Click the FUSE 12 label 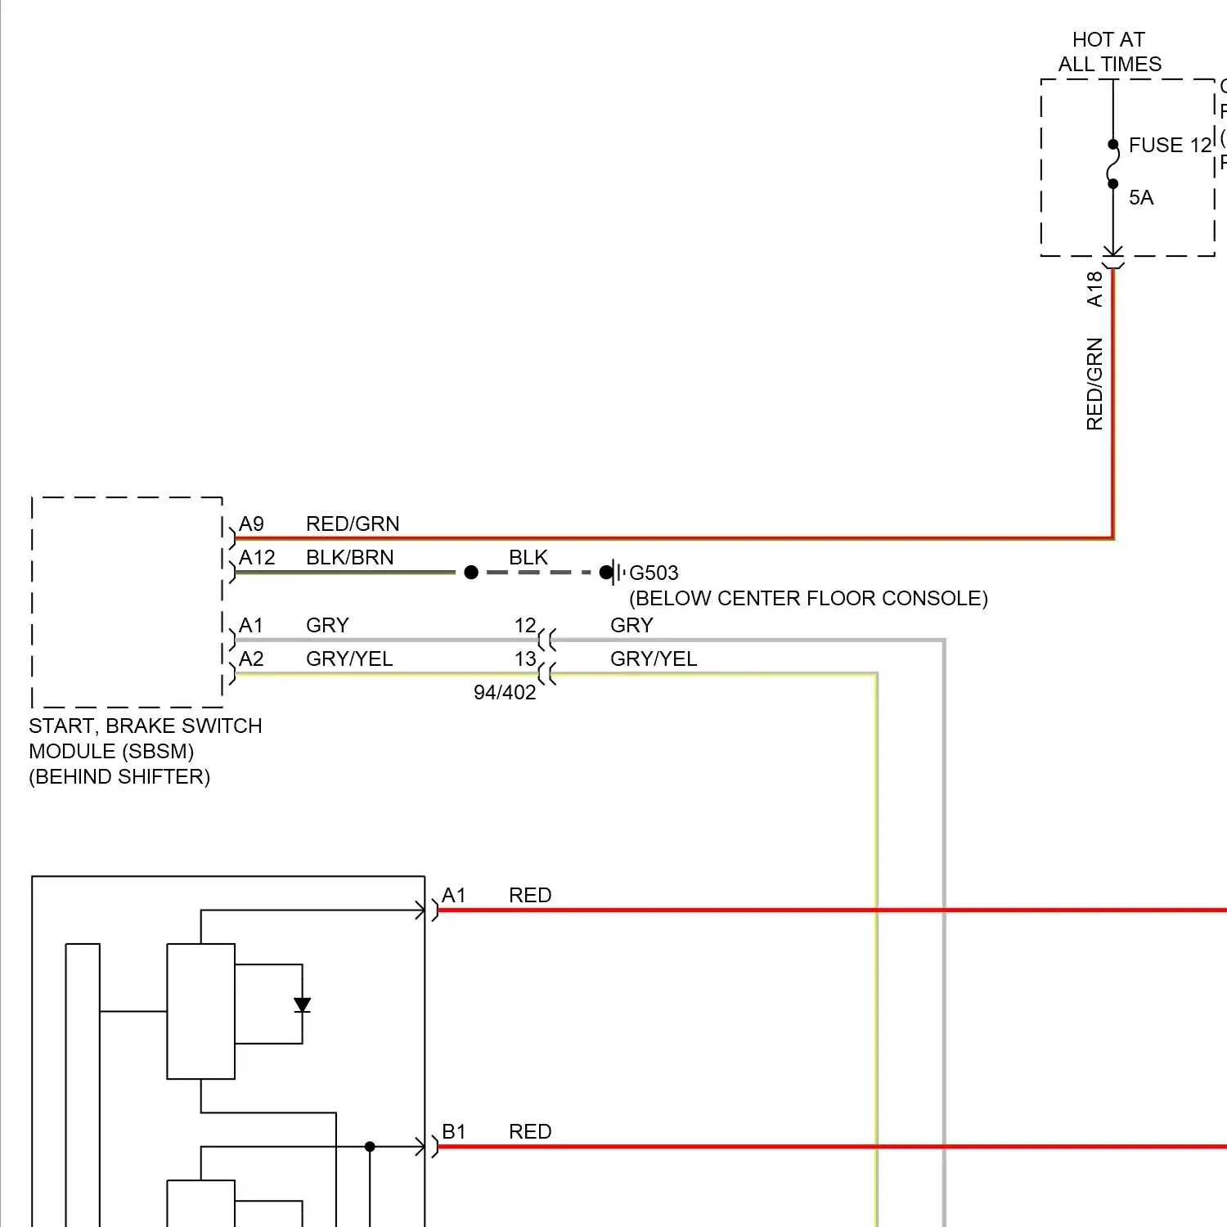point(1169,146)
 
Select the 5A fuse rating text point(1141,198)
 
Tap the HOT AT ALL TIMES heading point(1109,52)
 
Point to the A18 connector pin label point(1094,290)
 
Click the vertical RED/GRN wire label point(1094,384)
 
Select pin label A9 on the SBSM point(251,524)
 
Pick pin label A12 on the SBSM point(257,558)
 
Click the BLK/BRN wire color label point(349,558)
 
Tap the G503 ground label point(654,573)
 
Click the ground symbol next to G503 point(616,573)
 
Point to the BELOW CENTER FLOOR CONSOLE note point(808,599)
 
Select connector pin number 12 point(525,626)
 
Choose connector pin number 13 point(525,659)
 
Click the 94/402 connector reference point(505,693)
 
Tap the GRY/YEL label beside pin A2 point(349,659)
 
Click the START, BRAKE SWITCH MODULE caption point(145,751)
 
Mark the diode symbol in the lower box point(302,1005)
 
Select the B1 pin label point(454,1132)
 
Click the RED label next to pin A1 point(530,896)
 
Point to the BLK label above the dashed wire point(528,558)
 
